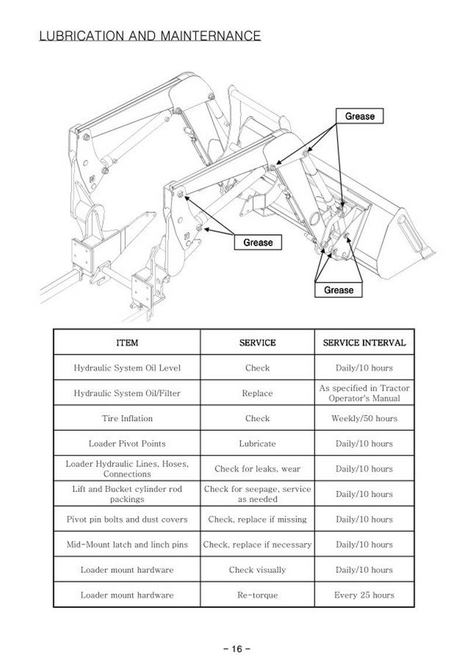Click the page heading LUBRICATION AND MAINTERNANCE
[150, 36]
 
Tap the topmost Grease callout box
[359, 116]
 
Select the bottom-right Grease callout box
[339, 290]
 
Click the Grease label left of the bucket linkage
[257, 242]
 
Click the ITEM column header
[127, 342]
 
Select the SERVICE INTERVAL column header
[364, 342]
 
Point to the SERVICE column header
[257, 342]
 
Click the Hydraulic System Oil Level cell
[127, 368]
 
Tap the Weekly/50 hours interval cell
[364, 418]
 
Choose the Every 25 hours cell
[364, 595]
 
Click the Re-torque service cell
[257, 595]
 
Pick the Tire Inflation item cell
[127, 418]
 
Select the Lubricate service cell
[257, 444]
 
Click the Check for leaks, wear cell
[257, 469]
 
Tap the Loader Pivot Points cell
[127, 444]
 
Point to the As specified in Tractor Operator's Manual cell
[364, 393]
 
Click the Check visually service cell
[257, 569]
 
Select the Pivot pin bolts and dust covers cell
[127, 519]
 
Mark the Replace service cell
[257, 393]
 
